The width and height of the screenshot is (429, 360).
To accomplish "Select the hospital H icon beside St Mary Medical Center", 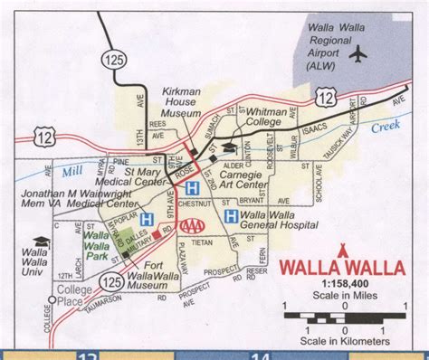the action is [191, 188].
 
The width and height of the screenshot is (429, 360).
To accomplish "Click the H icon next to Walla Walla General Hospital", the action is [231, 217].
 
